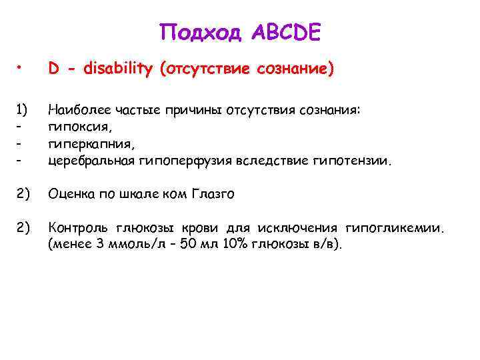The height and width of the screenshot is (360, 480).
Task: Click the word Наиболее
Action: tap(77, 109)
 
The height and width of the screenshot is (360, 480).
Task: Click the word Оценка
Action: tap(70, 195)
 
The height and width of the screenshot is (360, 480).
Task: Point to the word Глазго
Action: tap(213, 195)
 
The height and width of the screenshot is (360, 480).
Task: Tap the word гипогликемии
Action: tap(404, 229)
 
